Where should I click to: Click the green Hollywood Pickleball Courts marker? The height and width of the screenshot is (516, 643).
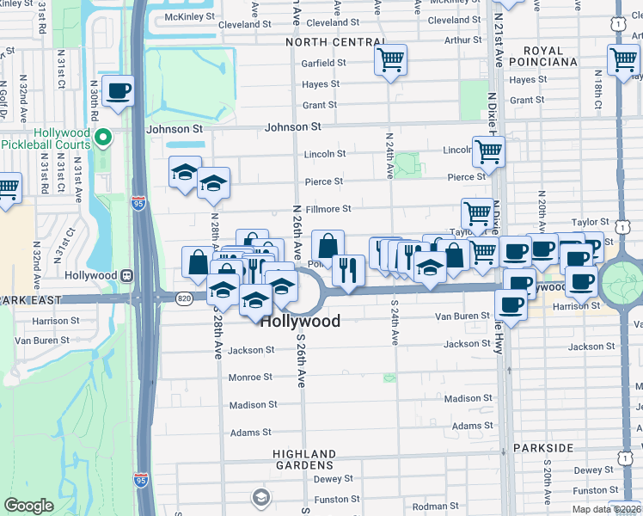coord(103,138)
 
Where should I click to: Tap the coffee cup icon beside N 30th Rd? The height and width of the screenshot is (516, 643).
coord(119,90)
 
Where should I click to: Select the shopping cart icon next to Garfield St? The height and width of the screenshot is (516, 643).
coord(390,60)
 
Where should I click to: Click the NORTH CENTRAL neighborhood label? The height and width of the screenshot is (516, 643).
coord(335,42)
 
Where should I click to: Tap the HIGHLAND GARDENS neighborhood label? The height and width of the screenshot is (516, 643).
coord(304,459)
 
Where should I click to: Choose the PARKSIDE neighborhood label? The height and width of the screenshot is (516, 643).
coord(542,448)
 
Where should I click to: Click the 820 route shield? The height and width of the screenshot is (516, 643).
coord(184,298)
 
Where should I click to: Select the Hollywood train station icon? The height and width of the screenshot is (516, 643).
coord(127,275)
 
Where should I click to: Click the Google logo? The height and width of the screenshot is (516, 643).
coord(28,506)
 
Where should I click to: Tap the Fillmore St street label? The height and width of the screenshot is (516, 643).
coord(328,209)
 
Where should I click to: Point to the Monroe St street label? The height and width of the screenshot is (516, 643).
coord(250,378)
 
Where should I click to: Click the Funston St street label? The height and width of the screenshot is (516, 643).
coord(330,500)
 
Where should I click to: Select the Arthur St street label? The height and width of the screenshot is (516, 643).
coord(463,40)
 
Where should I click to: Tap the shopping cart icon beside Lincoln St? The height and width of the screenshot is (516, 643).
coord(487,151)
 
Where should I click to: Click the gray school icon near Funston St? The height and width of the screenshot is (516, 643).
coord(260,497)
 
